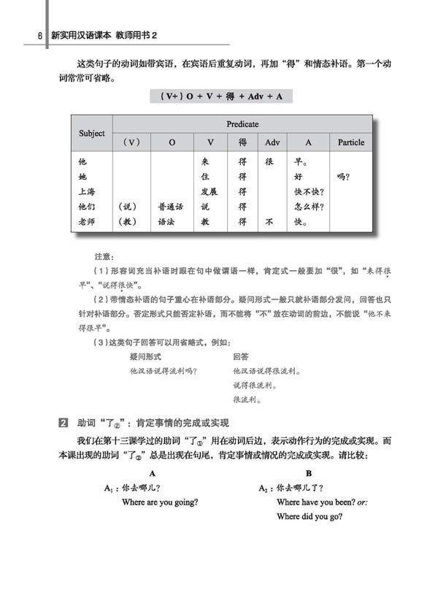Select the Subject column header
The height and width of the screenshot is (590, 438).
[x=92, y=134]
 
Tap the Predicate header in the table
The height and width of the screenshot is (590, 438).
[x=242, y=124]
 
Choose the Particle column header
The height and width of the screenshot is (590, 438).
[x=351, y=142]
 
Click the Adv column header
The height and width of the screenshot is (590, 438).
[x=272, y=142]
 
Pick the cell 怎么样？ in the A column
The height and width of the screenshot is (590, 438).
[x=309, y=207]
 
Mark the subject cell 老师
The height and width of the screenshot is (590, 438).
[x=87, y=221]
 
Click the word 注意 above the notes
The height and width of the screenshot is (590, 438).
[x=104, y=257]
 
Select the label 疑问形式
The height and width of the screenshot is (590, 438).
[x=145, y=357]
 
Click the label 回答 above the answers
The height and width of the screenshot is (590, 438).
[x=241, y=357]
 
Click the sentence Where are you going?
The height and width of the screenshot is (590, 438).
[x=160, y=502]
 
